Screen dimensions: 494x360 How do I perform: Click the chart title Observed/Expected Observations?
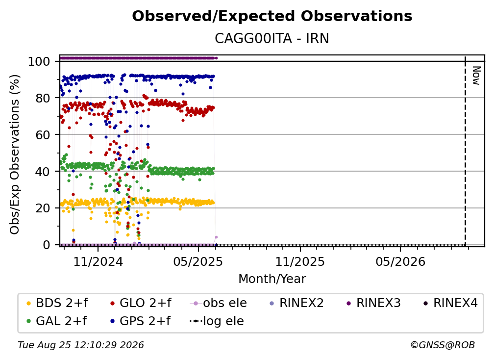pos(272,16)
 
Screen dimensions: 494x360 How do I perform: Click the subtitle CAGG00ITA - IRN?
pos(272,38)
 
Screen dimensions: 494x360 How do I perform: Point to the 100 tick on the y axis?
pos(39,61)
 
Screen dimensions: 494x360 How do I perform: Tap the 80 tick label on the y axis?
pos(43,98)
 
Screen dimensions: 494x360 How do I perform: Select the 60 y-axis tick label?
pos(43,135)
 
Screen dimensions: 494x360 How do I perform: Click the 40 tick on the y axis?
pos(43,172)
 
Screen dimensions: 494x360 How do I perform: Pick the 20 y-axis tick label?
pos(43,208)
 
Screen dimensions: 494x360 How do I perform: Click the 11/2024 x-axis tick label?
pos(98,261)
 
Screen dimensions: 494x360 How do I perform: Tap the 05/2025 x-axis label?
pos(198,261)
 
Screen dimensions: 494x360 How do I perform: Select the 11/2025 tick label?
pos(300,261)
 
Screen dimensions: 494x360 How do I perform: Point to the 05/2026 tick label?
pos(400,261)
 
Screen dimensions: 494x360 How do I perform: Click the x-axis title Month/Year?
pos(272,279)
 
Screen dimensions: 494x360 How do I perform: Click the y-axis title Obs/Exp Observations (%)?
pos(15,154)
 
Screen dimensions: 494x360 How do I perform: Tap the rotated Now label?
pos(477,76)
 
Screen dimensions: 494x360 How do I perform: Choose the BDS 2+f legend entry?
pos(57,303)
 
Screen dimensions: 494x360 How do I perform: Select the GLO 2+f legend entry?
pos(141,303)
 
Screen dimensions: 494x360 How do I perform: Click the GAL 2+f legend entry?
pos(56,321)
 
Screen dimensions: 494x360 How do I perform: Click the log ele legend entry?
pos(217,321)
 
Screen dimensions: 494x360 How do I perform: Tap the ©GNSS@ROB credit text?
pos(443,345)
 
